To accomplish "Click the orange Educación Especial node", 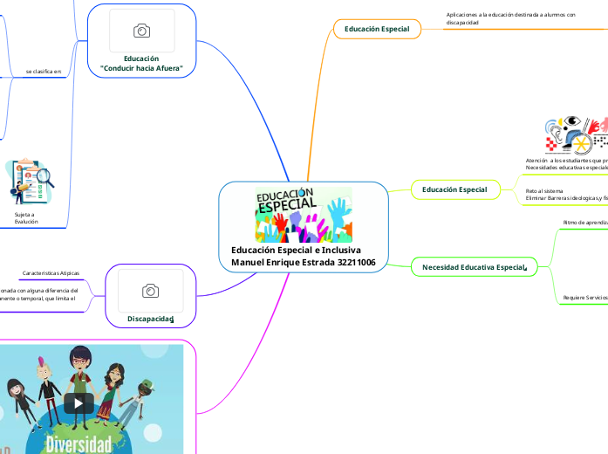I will tap(378, 30).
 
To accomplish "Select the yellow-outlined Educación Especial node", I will tap(454, 189).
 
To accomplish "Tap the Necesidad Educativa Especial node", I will tap(475, 266).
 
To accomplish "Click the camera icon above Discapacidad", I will tap(150, 291).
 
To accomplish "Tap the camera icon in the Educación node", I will tap(141, 31).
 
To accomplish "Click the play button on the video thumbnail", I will tap(79, 402).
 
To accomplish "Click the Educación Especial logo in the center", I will tap(304, 215).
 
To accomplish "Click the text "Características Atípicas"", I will tap(51, 273).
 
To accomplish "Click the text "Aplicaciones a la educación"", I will tap(510, 15).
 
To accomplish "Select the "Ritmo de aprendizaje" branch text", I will tap(585, 223).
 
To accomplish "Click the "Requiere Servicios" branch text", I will tap(585, 298).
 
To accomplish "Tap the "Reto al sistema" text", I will tap(544, 190).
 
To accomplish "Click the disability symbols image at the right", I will tap(576, 135).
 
